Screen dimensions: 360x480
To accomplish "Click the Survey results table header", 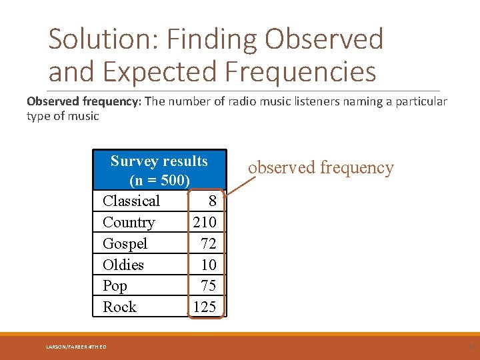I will tap(159, 161).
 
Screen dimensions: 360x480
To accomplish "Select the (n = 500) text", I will tap(159, 181).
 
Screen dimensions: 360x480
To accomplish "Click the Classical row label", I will tap(131, 201).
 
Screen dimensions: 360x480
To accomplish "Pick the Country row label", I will tap(129, 223).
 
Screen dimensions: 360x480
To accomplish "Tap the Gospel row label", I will tap(125, 244).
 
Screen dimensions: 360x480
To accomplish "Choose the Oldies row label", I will tap(123, 265).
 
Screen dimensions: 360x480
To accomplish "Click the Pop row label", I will tap(115, 286).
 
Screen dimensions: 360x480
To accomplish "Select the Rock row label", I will tap(119, 307).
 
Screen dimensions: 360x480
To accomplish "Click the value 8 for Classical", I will tap(212, 201).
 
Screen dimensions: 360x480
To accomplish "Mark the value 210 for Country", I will tap(205, 223).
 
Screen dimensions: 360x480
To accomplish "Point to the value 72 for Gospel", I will tap(208, 244).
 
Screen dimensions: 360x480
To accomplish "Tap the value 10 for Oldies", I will tap(208, 265).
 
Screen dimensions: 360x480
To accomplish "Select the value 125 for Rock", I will tap(205, 307).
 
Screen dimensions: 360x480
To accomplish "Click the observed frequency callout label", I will tap(321, 167).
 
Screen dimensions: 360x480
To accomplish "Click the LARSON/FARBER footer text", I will tap(77, 347).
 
